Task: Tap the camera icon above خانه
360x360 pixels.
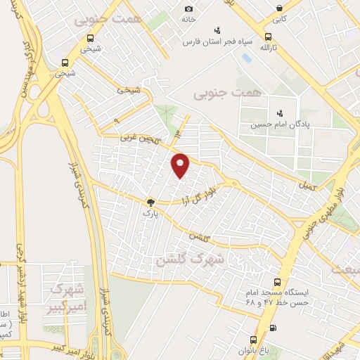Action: coord(188,8)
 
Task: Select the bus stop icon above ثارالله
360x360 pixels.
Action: coord(267,37)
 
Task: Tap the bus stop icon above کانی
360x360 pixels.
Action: coord(281,9)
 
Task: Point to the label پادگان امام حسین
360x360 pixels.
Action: coord(280,124)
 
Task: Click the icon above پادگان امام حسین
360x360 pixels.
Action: coord(280,112)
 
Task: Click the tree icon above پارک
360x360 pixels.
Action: coord(149,201)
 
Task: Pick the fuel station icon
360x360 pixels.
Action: coord(274,327)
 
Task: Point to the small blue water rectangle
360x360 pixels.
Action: coord(246,56)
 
